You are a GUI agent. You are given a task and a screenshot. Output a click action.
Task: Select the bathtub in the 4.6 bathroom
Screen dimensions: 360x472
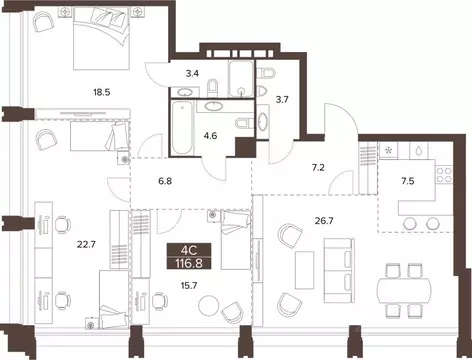(x=183, y=130)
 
